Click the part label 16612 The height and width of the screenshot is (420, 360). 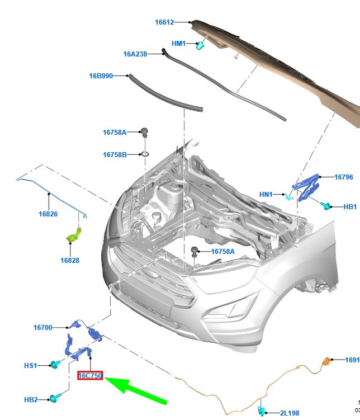tap(164, 22)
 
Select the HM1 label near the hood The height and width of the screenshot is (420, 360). tap(178, 43)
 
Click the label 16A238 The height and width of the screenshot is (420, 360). tap(135, 54)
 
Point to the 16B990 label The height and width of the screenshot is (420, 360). tap(101, 75)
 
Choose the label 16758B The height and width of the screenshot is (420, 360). tap(115, 154)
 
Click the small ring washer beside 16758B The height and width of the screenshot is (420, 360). tap(144, 154)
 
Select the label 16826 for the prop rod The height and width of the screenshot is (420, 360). tap(48, 214)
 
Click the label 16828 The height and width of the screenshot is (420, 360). tap(70, 260)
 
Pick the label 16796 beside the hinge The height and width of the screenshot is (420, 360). tap(344, 177)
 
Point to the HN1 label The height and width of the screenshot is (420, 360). tap(266, 195)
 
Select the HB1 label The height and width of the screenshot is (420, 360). tap(350, 207)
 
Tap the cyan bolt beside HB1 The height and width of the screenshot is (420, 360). tap(326, 206)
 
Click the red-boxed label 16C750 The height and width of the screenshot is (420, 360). tap(89, 376)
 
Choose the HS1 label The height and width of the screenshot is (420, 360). tap(30, 366)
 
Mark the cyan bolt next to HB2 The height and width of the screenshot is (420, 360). tap(54, 398)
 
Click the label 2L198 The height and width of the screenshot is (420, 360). tap(290, 413)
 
